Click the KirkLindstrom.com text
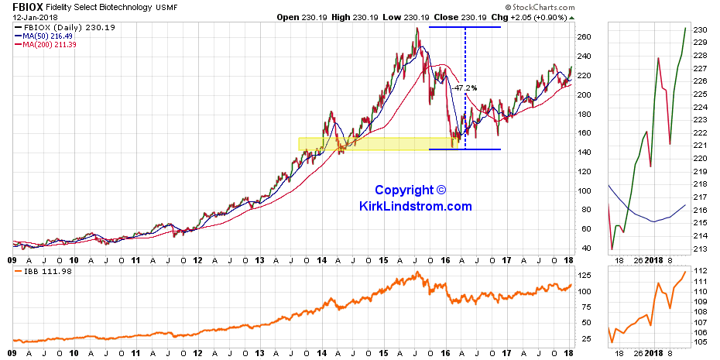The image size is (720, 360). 415,206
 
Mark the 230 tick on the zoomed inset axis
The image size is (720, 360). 701,29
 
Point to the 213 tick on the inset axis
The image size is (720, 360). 701,248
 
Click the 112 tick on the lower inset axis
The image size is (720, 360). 701,269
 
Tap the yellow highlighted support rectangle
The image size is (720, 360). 372,144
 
